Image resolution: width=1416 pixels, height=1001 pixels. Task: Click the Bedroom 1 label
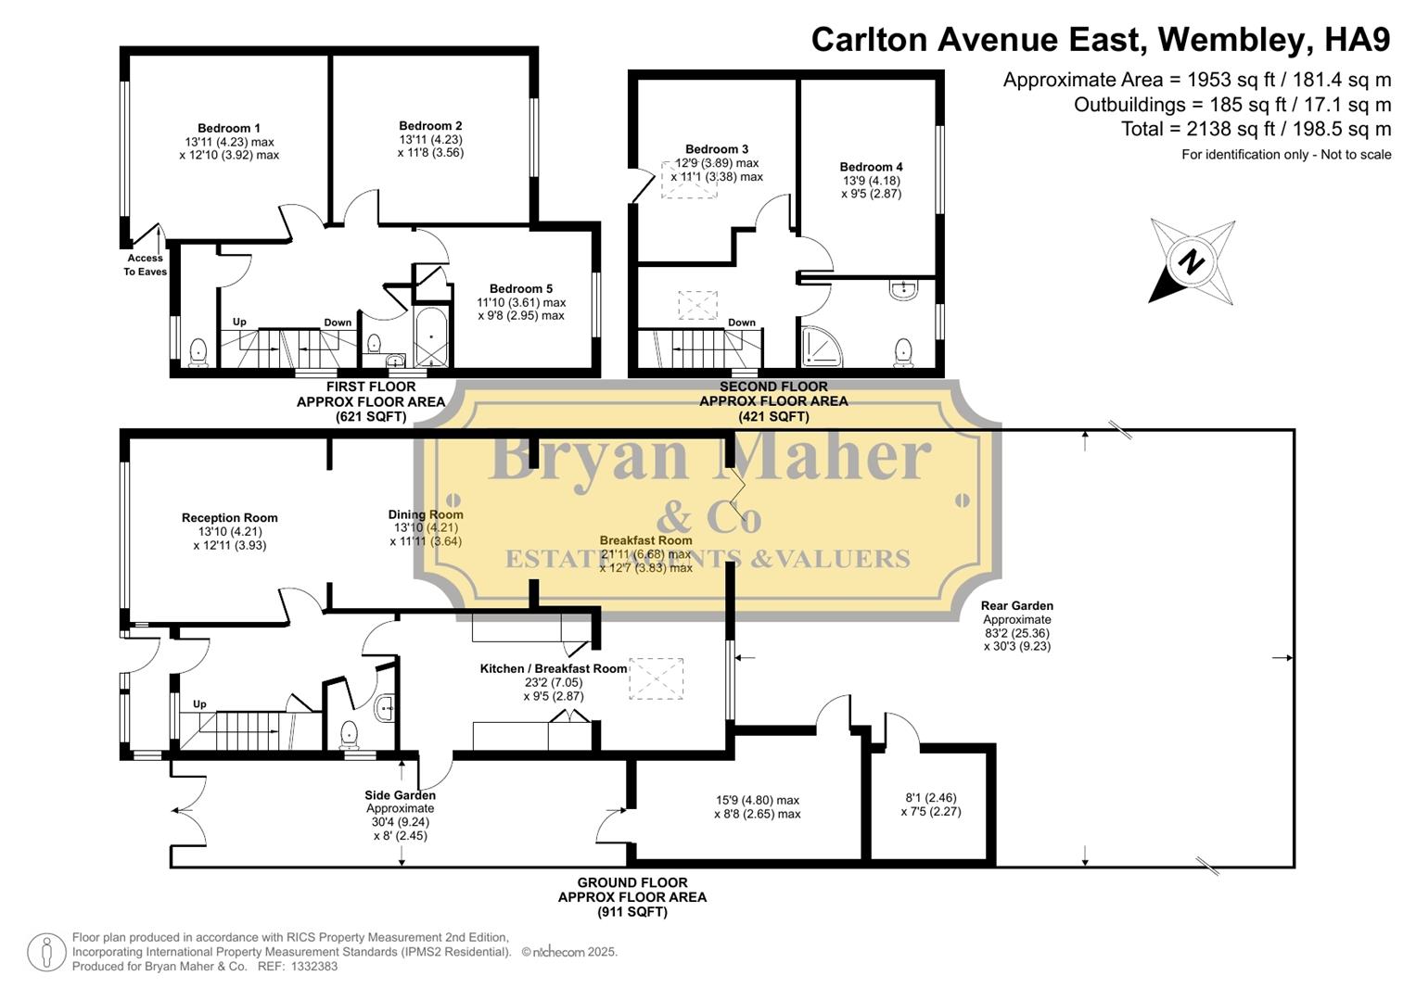(x=228, y=129)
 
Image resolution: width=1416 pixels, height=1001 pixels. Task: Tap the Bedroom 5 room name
(x=521, y=289)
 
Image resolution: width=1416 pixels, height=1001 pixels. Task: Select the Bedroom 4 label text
(x=871, y=168)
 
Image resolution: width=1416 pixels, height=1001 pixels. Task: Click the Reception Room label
(x=229, y=518)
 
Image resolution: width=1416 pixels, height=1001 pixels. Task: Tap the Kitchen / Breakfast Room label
(x=554, y=669)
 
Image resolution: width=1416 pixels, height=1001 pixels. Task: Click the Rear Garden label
(x=1016, y=606)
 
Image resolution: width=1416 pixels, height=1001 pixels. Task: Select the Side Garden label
(x=401, y=795)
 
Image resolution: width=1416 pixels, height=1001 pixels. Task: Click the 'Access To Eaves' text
(x=146, y=265)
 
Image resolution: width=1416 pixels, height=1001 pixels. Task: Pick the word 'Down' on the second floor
(x=742, y=323)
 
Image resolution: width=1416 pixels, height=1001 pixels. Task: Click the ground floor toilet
(x=349, y=735)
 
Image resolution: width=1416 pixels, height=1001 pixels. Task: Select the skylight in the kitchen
(x=656, y=679)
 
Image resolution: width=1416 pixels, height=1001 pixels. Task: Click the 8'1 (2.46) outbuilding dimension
(x=930, y=797)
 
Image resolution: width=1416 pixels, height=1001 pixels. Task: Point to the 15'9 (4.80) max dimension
(x=757, y=801)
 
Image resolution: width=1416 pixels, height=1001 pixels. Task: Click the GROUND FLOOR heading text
(x=632, y=883)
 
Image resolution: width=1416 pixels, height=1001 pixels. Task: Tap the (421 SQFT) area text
(x=773, y=417)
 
